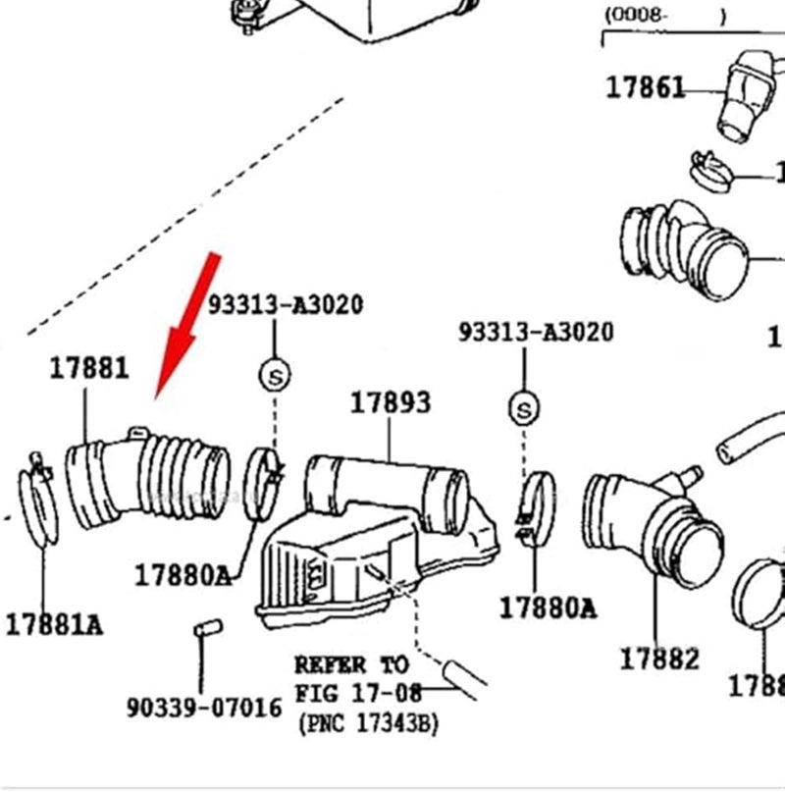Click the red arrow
click(x=188, y=324)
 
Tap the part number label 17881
click(x=89, y=368)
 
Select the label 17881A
click(x=54, y=624)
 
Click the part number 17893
click(x=391, y=402)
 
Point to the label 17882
click(x=658, y=659)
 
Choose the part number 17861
click(x=645, y=87)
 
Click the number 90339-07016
click(x=204, y=707)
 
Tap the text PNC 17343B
click(x=368, y=724)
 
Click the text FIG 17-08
click(x=358, y=694)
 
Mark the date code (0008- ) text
click(x=664, y=15)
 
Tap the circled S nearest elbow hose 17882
click(x=524, y=408)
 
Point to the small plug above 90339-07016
click(x=206, y=628)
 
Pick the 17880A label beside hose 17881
click(x=183, y=575)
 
